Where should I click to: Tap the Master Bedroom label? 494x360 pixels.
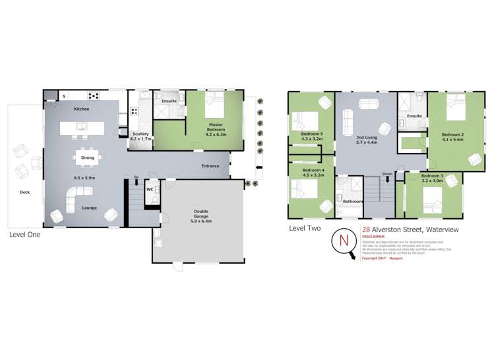point(215,129)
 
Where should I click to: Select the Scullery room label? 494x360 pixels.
point(140,136)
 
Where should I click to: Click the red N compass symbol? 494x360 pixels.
point(343,240)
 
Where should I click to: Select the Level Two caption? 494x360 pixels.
point(305,228)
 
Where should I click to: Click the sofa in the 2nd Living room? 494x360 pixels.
point(369,104)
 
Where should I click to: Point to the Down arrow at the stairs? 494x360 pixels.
point(387,176)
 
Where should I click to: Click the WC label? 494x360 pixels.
point(150,189)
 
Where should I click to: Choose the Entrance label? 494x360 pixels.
point(210,166)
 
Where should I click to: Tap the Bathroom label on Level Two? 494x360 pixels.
point(352,202)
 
